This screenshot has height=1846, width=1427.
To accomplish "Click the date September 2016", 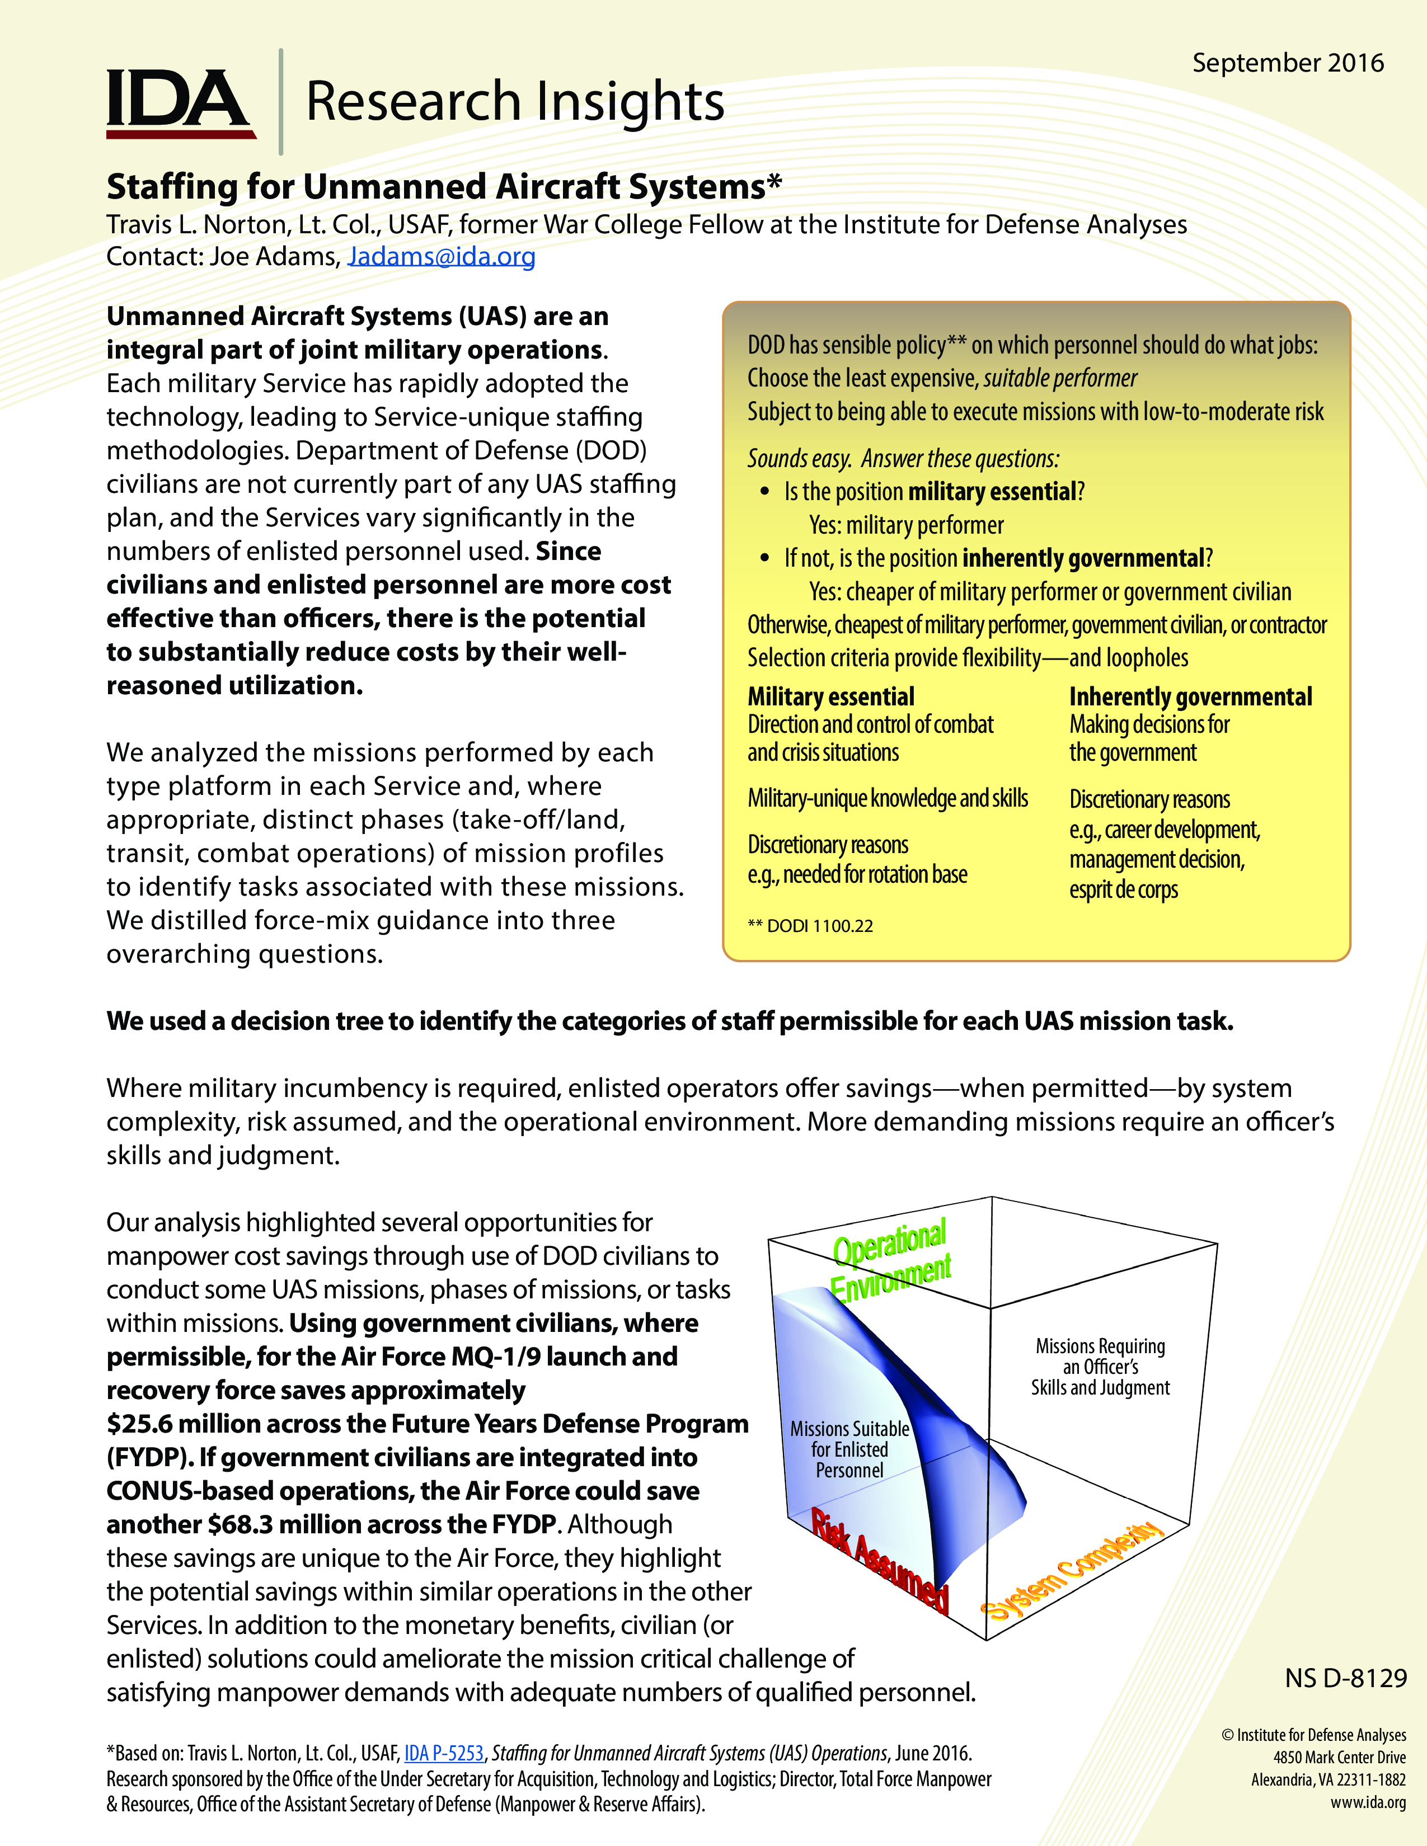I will tap(1288, 63).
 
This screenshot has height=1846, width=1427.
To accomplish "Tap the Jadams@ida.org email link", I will tap(442, 256).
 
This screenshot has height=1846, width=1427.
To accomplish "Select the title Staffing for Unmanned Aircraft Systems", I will tap(444, 187).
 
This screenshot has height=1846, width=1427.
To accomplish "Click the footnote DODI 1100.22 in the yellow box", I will tap(810, 926).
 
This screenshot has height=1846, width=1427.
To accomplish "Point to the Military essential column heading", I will tap(830, 696).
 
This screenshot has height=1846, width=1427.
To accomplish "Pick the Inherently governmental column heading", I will tap(1190, 696).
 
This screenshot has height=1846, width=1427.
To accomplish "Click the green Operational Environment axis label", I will tap(890, 1259).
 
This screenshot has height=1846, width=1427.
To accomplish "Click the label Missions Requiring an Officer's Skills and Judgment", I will tap(1100, 1367).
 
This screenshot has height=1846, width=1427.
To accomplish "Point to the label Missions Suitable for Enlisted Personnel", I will tap(849, 1449).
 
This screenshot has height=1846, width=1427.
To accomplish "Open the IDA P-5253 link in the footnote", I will tap(444, 1753).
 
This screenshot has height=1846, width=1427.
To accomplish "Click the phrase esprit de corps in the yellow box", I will tap(1124, 889).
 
